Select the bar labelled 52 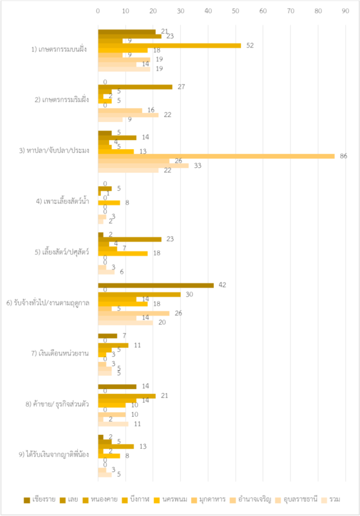(169, 45)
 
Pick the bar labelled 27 (135, 87)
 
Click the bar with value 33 (143, 165)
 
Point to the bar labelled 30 (139, 294)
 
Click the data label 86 (344, 156)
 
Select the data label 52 (250, 45)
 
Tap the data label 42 (222, 285)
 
